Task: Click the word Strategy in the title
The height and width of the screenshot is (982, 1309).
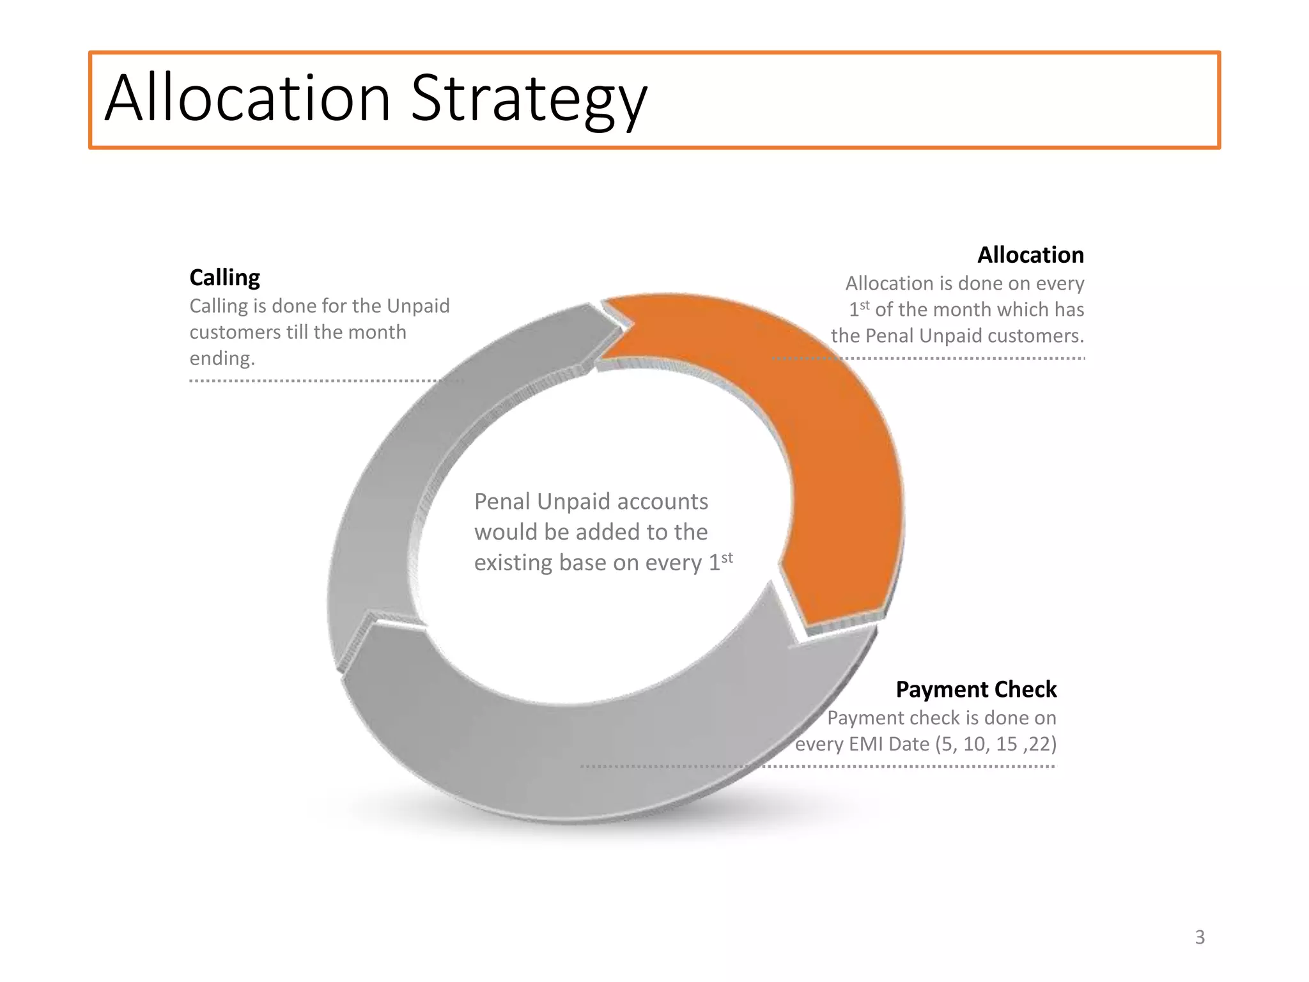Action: [x=529, y=99]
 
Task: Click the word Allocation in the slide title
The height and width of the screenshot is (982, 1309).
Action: [x=247, y=99]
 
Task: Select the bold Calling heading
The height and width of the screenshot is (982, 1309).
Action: [x=224, y=277]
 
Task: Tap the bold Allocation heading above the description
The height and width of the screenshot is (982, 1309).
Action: [x=1030, y=255]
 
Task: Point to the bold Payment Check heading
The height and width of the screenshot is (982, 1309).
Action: [x=975, y=689]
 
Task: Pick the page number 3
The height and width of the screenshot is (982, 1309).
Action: [x=1200, y=937]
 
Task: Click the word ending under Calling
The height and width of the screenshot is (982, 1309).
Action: [x=222, y=358]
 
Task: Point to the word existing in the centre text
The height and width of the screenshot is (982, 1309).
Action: [x=513, y=563]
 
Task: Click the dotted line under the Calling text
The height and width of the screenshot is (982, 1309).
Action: [x=320, y=381]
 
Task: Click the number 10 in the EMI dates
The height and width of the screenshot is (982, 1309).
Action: [x=976, y=744]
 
